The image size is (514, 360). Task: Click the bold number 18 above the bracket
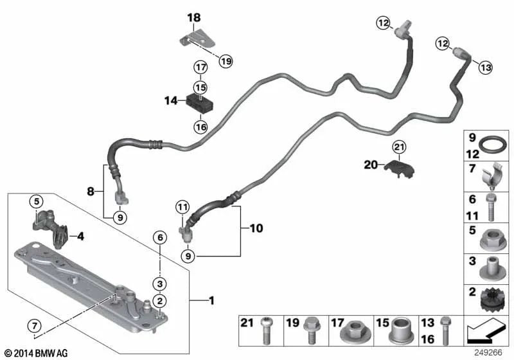(x=194, y=18)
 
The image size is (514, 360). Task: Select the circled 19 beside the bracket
(x=225, y=61)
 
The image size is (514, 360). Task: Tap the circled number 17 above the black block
(x=201, y=66)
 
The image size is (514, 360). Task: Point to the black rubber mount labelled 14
(x=199, y=102)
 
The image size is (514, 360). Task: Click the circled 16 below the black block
(x=201, y=127)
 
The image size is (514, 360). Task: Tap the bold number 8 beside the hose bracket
(x=91, y=190)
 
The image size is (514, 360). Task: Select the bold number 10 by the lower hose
(x=256, y=228)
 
